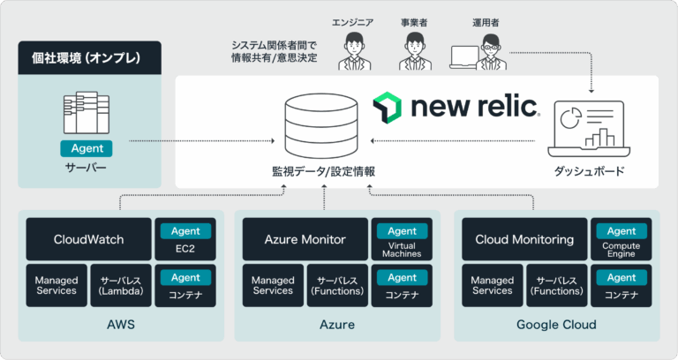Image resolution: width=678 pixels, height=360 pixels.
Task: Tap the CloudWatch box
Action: pos(88,239)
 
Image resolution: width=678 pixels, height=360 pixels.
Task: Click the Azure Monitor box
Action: pos(305,239)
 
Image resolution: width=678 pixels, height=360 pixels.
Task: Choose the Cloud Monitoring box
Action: pos(524,239)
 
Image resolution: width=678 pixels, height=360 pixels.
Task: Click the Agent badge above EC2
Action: pos(185,231)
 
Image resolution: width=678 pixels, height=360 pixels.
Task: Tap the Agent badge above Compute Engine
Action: pos(621,231)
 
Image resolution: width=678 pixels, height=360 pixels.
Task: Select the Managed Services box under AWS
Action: pos(56,285)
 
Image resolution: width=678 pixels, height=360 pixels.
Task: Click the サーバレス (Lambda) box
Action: pos(121,285)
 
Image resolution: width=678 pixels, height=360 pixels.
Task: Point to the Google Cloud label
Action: pos(557,325)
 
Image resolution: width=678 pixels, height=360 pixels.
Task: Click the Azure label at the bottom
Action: pos(336,325)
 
